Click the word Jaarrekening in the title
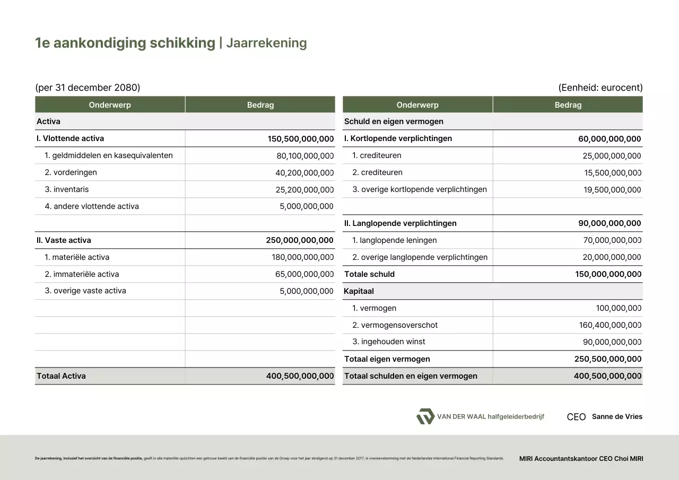pyautogui.click(x=266, y=43)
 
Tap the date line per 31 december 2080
pyautogui.click(x=88, y=88)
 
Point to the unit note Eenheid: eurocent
pyautogui.click(x=600, y=88)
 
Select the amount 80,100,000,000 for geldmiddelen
pyautogui.click(x=304, y=156)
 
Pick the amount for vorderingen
pyautogui.click(x=304, y=173)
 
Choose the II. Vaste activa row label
pyautogui.click(x=64, y=240)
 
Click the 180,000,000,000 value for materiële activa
pyautogui.click(x=302, y=257)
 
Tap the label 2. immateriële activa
pyautogui.click(x=82, y=274)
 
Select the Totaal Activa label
pyautogui.click(x=61, y=376)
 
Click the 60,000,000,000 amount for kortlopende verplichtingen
pyautogui.click(x=610, y=139)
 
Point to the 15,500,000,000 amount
pyautogui.click(x=612, y=173)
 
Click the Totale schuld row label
pyautogui.click(x=369, y=274)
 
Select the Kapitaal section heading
pyautogui.click(x=359, y=291)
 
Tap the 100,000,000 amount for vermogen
pyautogui.click(x=618, y=308)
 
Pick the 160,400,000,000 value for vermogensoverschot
pyautogui.click(x=610, y=325)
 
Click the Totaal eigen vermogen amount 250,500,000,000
pyautogui.click(x=607, y=359)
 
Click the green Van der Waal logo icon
pyautogui.click(x=425, y=416)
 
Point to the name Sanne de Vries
pyautogui.click(x=617, y=416)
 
